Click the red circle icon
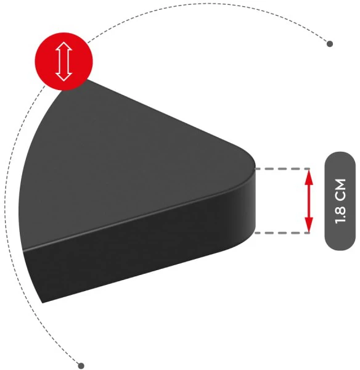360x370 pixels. [x=64, y=61]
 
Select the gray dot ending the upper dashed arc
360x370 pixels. [x=330, y=44]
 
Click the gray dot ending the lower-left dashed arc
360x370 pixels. [x=81, y=366]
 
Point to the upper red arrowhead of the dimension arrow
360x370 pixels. [x=309, y=178]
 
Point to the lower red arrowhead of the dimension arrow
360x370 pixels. [x=309, y=224]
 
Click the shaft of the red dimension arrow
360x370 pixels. [x=309, y=201]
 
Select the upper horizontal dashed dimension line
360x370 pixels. [x=282, y=169]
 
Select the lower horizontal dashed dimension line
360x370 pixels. [x=282, y=233]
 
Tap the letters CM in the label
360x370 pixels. [x=340, y=189]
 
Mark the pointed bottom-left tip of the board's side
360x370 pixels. [x=43, y=303]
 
